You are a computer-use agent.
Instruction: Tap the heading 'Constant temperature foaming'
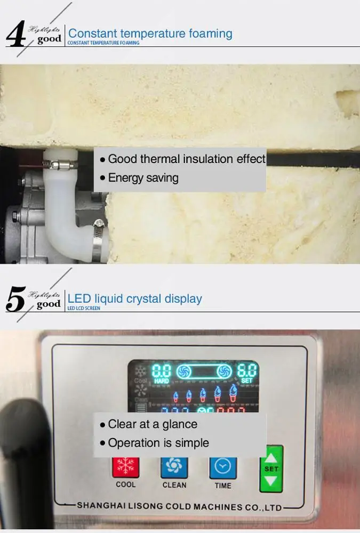pyautogui.click(x=150, y=34)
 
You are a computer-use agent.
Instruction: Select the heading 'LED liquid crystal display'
pyautogui.click(x=135, y=298)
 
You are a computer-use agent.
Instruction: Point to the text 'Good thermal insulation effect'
pyautogui.click(x=186, y=159)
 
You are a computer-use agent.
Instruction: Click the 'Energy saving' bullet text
pyautogui.click(x=143, y=177)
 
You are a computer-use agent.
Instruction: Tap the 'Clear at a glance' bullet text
pyautogui.click(x=153, y=424)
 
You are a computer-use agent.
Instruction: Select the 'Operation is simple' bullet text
pyautogui.click(x=158, y=443)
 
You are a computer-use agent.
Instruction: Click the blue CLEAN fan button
pyautogui.click(x=174, y=467)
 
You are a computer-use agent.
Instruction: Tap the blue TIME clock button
pyautogui.click(x=222, y=467)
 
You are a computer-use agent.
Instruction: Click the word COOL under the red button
pyautogui.click(x=126, y=485)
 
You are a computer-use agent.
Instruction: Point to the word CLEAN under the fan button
pyautogui.click(x=174, y=485)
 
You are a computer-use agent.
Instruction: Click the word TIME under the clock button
pyautogui.click(x=223, y=485)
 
